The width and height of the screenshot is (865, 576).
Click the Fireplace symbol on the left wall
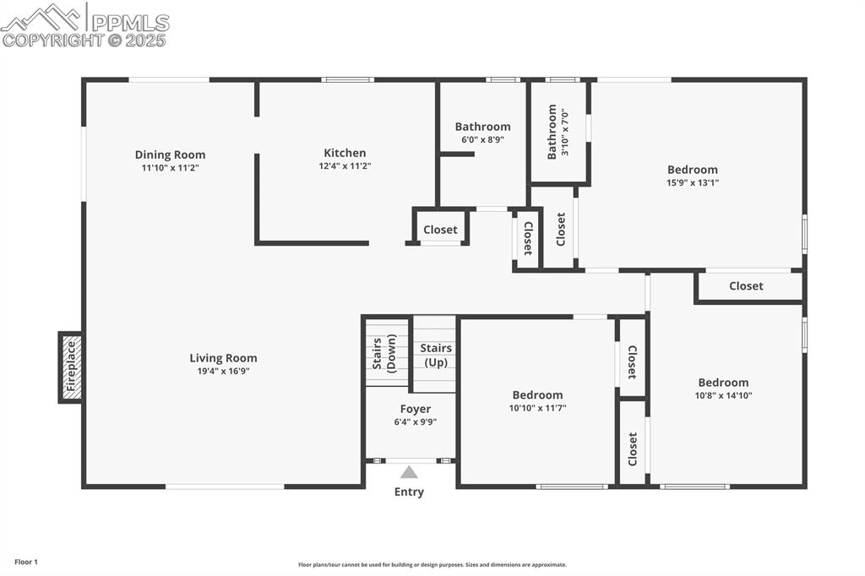(71, 367)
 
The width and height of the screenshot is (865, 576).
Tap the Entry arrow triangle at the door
(409, 473)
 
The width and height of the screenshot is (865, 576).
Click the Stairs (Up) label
(435, 355)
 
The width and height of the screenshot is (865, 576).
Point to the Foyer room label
(415, 409)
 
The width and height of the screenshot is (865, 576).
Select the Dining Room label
(170, 155)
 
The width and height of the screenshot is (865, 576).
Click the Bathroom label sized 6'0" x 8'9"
(482, 127)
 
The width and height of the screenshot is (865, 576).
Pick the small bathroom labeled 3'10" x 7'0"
(558, 132)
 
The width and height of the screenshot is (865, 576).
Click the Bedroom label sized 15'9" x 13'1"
(692, 170)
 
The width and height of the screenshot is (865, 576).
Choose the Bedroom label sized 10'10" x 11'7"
(537, 394)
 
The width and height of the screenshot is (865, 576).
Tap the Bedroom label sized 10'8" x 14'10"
(723, 383)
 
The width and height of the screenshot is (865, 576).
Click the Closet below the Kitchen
(440, 230)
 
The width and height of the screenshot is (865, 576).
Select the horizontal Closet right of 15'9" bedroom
(746, 286)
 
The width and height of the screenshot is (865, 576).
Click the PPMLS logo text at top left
(129, 21)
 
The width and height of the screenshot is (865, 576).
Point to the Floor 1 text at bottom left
(25, 562)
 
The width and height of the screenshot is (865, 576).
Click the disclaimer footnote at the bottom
(432, 565)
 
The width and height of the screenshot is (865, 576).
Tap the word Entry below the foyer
(409, 492)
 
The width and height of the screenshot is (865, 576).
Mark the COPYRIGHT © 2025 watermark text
(84, 39)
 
